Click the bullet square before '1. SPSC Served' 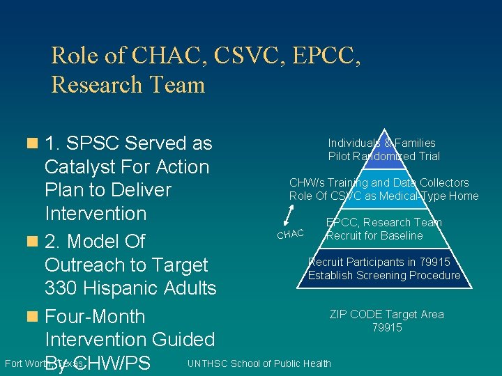click(31, 143)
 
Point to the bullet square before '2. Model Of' click(31, 242)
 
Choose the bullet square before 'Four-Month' click(31, 317)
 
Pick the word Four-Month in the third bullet click(95, 317)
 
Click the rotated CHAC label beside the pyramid click(290, 233)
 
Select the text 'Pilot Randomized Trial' click(383, 156)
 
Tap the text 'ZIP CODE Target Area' click(386, 315)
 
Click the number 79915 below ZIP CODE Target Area click(386, 327)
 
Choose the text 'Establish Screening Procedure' click(384, 275)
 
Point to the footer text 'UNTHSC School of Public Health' click(259, 363)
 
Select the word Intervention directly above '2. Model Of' click(96, 213)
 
